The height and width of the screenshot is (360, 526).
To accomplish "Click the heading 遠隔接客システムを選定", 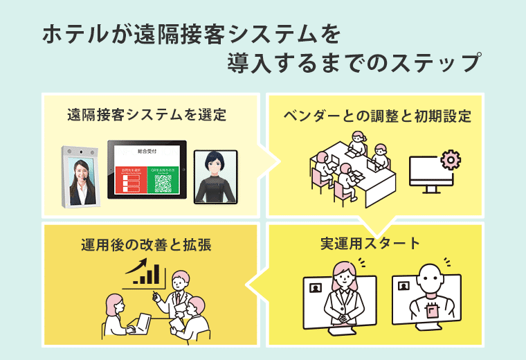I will click(x=147, y=115).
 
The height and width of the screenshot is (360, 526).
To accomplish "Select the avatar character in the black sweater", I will click(x=215, y=178).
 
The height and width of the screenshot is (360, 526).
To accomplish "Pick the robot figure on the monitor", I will click(x=433, y=291).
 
